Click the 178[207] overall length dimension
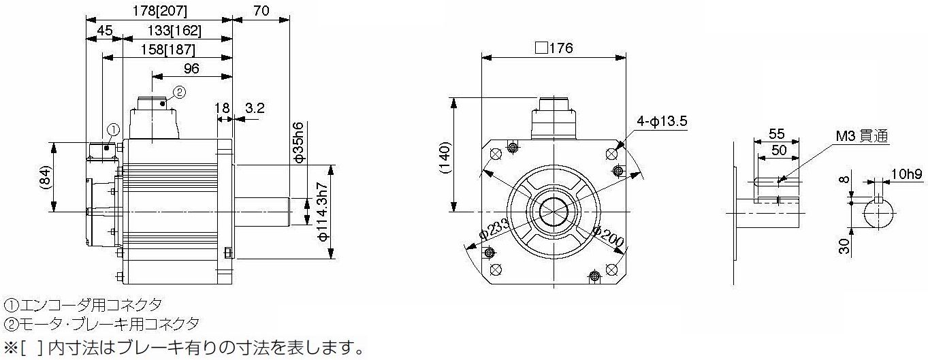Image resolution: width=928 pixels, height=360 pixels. click(159, 11)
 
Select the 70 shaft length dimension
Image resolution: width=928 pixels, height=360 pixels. click(261, 11)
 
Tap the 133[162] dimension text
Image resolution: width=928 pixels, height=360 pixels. click(174, 31)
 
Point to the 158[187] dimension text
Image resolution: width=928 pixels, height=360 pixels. click(167, 50)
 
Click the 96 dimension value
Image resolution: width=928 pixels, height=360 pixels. click(191, 68)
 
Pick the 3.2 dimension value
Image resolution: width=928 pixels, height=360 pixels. click(255, 108)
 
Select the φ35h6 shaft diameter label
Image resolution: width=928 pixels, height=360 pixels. click(298, 142)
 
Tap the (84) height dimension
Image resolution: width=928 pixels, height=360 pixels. click(46, 178)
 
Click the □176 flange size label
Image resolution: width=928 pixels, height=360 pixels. click(554, 48)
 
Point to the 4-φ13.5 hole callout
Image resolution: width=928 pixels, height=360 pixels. click(662, 121)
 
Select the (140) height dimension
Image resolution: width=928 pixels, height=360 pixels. click(444, 158)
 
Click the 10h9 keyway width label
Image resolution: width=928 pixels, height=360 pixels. click(906, 174)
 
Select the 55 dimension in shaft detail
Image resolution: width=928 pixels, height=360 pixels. click(776, 134)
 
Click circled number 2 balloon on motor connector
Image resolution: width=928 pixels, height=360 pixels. click(179, 93)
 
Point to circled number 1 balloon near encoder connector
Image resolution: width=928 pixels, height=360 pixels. click(113, 130)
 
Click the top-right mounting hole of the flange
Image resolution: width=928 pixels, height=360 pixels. click(611, 154)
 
